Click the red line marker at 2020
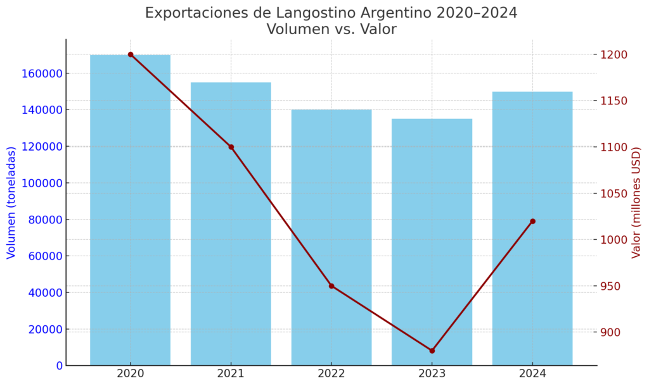tap(131, 54)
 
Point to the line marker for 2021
tap(231, 147)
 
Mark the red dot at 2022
tap(331, 286)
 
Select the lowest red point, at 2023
tap(432, 351)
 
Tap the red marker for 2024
tap(532, 221)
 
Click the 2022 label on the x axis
tap(331, 374)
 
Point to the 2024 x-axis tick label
tap(532, 374)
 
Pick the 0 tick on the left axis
tap(60, 366)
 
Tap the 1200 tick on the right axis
tap(614, 55)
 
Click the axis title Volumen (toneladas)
tap(11, 202)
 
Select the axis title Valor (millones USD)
tap(636, 202)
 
